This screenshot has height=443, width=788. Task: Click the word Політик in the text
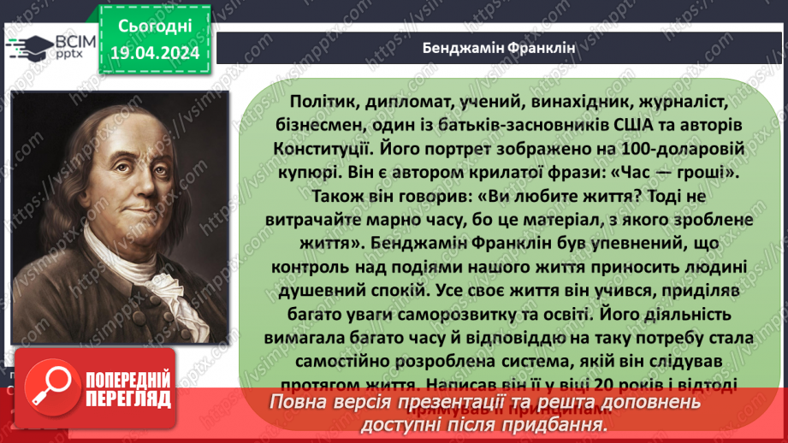coord(309,102)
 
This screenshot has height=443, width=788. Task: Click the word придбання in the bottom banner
coord(559,423)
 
